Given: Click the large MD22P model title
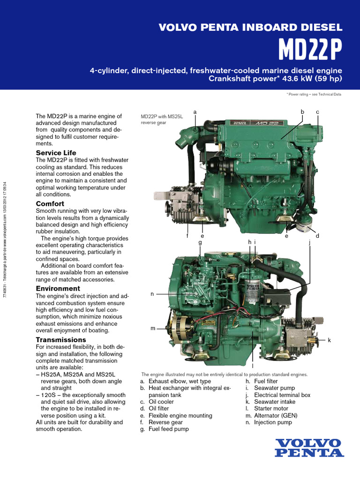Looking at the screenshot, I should [x=311, y=48].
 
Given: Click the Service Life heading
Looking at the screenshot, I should [x=56, y=153].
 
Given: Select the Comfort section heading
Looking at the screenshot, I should [x=50, y=204].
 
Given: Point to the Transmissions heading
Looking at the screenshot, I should [x=61, y=339].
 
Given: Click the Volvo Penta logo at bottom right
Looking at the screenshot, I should [x=309, y=448].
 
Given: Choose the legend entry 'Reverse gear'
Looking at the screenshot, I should [x=165, y=422].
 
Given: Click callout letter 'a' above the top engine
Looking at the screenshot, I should [x=195, y=112].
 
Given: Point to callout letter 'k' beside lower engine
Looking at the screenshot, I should [x=329, y=340].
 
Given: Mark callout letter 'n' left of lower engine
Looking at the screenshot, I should [x=152, y=294].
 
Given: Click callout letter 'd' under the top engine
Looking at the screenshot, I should [x=317, y=236].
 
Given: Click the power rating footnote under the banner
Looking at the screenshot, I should [x=314, y=94].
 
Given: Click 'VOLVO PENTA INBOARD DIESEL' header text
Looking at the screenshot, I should [x=251, y=27].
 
